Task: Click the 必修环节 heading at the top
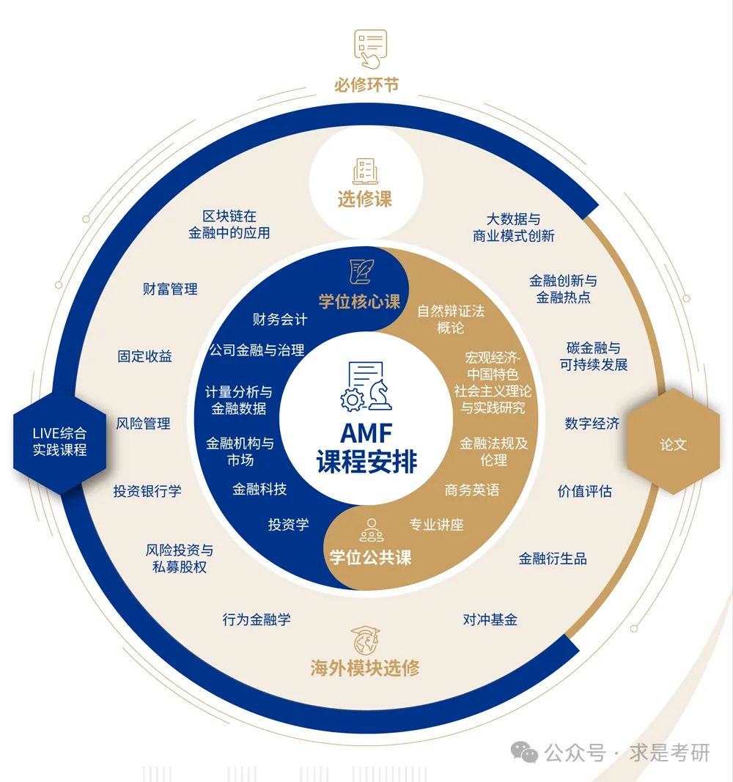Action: [366, 84]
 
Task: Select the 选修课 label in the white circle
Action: [365, 199]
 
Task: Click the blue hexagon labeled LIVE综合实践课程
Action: [59, 442]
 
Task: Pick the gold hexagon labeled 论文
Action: [673, 444]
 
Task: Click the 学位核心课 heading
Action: [359, 301]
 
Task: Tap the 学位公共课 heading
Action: [370, 558]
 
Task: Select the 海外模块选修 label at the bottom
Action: [365, 668]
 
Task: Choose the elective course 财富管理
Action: [170, 289]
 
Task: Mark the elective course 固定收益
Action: [145, 357]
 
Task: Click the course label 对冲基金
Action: [490, 620]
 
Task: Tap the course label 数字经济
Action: [592, 424]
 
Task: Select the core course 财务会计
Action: [280, 320]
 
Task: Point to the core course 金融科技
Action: [259, 490]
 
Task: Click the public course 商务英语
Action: [472, 490]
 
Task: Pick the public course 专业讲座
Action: [436, 525]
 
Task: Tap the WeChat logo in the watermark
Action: [524, 752]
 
